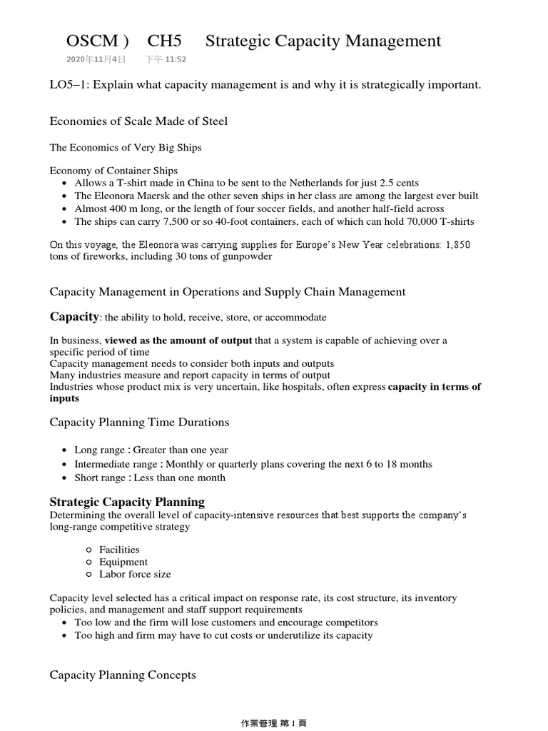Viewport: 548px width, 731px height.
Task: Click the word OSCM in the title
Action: click(x=91, y=41)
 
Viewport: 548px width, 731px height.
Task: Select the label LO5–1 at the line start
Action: click(x=68, y=86)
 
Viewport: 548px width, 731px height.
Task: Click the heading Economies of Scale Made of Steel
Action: click(x=138, y=121)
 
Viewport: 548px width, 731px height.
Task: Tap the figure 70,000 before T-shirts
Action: click(x=410, y=221)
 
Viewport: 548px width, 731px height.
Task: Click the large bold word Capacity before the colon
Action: click(x=73, y=316)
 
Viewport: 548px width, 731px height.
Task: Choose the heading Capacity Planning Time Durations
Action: click(x=139, y=423)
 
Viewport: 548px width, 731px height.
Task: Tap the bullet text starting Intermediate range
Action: click(x=253, y=464)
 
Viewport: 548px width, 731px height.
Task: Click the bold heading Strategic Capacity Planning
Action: click(x=127, y=502)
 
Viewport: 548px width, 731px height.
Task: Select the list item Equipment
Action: click(x=123, y=562)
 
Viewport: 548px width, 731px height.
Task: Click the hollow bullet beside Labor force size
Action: click(x=88, y=575)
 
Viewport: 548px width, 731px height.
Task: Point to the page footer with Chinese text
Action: click(x=274, y=722)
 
